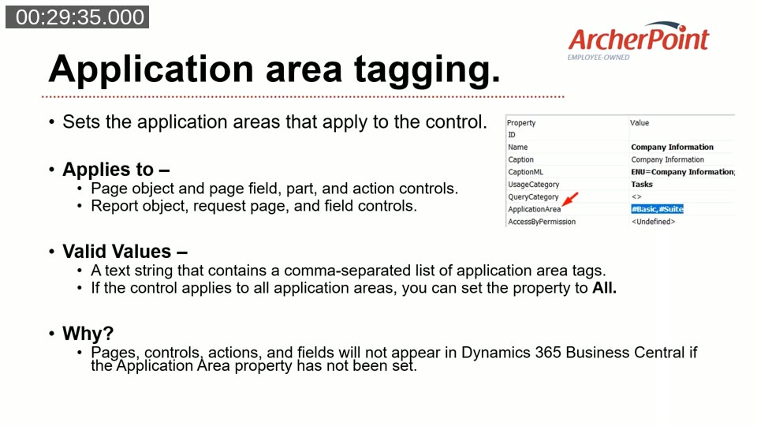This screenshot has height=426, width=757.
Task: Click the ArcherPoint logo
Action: (638, 39)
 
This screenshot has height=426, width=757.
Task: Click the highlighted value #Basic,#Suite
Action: (657, 209)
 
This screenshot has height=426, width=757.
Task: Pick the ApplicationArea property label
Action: (534, 209)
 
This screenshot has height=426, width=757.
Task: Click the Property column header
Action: (520, 123)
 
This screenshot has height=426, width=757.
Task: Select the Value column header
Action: (640, 123)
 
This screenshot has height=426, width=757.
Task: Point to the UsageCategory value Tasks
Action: (642, 185)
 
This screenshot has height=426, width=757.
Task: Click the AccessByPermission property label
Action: (542, 222)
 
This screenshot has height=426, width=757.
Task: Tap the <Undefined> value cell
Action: (653, 222)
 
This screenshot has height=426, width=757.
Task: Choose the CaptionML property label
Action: (526, 172)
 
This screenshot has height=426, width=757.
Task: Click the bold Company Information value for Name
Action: (672, 148)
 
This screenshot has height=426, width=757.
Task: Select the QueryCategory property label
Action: (533, 196)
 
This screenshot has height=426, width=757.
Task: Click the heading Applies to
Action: (116, 170)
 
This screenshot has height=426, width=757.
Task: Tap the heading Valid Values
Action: (125, 252)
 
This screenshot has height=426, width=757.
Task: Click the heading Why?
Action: (88, 334)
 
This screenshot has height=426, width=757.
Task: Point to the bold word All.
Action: (604, 288)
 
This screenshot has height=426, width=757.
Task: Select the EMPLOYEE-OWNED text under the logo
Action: (599, 57)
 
